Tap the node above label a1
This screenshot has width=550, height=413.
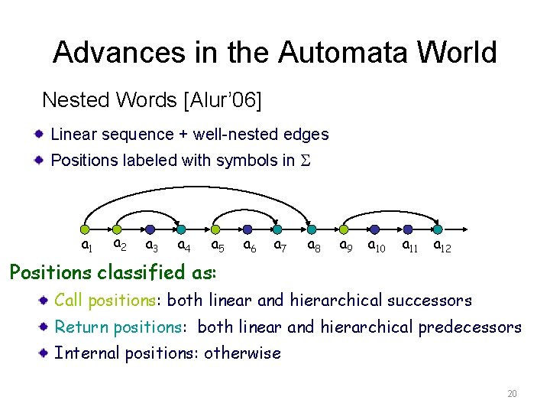(x=86, y=229)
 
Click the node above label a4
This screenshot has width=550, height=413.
(x=183, y=229)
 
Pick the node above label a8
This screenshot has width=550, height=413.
(x=312, y=229)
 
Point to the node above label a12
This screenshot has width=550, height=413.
(x=438, y=229)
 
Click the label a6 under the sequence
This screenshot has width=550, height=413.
(x=249, y=246)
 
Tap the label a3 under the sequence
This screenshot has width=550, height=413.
(x=152, y=246)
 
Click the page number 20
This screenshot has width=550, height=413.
(x=512, y=394)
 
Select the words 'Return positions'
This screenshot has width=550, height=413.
(x=118, y=327)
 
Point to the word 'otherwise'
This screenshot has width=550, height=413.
(x=242, y=353)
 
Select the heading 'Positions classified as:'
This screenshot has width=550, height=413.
(x=112, y=272)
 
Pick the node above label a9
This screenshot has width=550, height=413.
(x=344, y=229)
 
